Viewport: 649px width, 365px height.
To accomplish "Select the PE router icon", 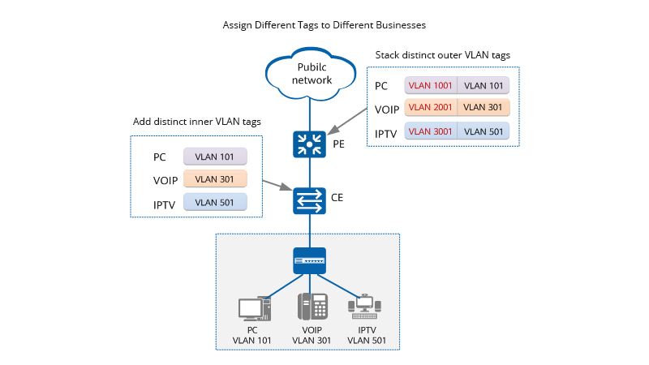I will [x=309, y=144].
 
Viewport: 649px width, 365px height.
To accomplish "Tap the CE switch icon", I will [x=309, y=200].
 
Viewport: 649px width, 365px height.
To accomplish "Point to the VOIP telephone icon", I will [x=312, y=307].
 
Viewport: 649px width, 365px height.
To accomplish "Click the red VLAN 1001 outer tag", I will [x=431, y=86].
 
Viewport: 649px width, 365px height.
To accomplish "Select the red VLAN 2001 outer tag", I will [x=431, y=107].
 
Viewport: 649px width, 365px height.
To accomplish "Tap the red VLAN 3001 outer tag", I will [x=431, y=131].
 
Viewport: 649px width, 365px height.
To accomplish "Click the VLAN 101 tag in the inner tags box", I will [x=215, y=157].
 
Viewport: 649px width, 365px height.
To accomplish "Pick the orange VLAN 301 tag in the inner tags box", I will [x=215, y=178].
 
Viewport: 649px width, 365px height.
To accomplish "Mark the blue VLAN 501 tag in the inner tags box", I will [x=215, y=202].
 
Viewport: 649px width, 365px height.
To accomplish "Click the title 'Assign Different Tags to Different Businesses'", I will [x=324, y=25].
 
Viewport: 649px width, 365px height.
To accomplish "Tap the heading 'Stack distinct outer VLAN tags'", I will [x=443, y=55].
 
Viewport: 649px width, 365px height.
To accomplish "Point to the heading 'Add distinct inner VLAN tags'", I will [x=197, y=122].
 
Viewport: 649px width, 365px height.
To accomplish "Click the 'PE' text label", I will [x=339, y=144].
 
